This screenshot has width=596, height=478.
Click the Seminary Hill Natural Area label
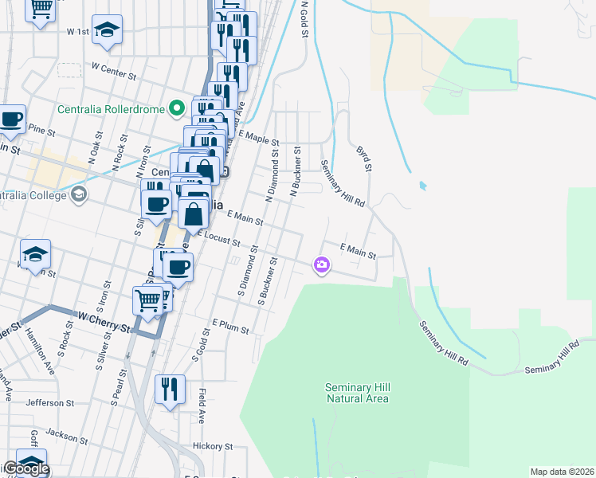point(357,393)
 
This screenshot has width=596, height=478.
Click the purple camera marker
point(322,264)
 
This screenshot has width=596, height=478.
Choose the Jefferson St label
point(49,403)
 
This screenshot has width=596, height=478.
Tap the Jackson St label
point(66,435)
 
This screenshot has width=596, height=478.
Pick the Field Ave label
point(202,406)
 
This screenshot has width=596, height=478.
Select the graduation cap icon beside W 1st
point(107,30)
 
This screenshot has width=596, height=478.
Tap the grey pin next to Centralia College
point(79,194)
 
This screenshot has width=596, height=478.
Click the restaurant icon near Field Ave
point(170,389)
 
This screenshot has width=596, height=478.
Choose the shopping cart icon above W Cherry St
point(147,301)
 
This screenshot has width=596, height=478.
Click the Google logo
point(25,468)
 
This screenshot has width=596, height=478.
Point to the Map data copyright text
point(563,472)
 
